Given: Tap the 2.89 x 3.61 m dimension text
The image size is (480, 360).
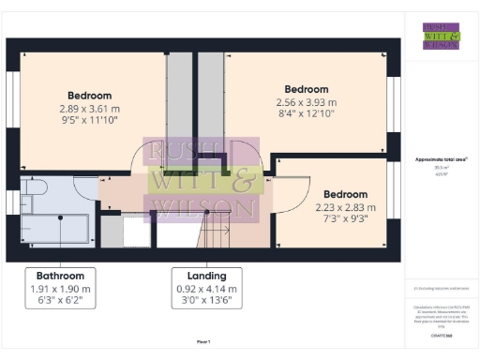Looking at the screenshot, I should (90, 109).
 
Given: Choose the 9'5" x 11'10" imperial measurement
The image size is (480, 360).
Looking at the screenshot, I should (90, 120).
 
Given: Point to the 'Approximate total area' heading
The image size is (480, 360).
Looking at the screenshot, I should (441, 160).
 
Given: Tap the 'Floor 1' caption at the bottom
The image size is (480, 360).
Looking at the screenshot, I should (203, 341).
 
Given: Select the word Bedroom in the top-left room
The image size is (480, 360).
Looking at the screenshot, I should (90, 96).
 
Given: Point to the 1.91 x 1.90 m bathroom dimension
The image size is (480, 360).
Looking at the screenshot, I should (61, 290).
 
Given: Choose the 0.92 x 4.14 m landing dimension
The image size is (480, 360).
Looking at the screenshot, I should (206, 290).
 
